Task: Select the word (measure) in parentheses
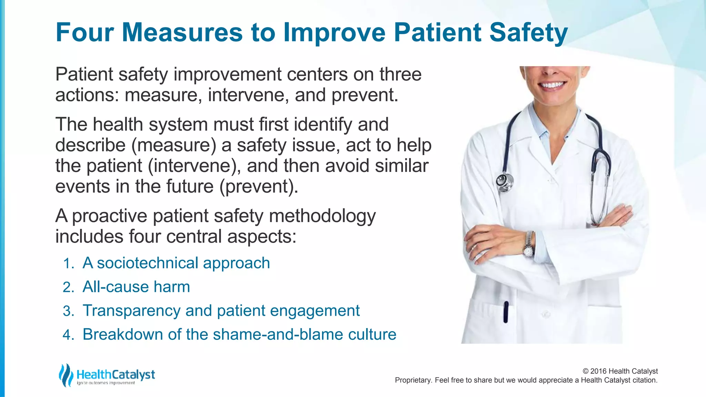[174, 145]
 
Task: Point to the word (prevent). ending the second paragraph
[259, 186]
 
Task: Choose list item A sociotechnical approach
[176, 263]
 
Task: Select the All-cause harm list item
[136, 287]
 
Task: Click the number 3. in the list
[69, 311]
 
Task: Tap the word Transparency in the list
[131, 311]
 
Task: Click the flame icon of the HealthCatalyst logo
[65, 375]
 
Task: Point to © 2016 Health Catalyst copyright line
[620, 371]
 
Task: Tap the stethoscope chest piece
[504, 182]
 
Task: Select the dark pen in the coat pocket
[506, 312]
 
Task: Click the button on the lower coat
[546, 314]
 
